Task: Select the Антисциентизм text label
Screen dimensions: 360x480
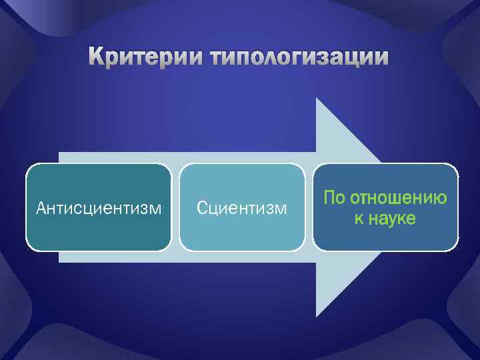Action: (99, 209)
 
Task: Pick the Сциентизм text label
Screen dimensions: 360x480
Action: (242, 209)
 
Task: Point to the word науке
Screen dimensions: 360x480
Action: (393, 218)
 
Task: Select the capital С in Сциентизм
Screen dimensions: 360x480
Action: (202, 209)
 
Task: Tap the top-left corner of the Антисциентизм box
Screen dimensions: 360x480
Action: (28, 165)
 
